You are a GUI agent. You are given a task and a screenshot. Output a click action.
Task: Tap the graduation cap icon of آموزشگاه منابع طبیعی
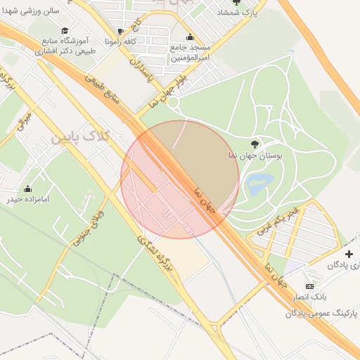point(65,31)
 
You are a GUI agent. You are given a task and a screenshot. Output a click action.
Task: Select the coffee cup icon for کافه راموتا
point(120,31)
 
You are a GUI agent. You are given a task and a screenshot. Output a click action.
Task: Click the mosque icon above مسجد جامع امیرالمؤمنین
point(189,37)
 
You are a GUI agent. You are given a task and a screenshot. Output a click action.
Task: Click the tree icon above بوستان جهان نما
point(254,145)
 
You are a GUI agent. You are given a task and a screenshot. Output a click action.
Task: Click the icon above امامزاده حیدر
point(27,188)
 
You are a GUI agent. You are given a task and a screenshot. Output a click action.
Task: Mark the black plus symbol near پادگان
point(349,253)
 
